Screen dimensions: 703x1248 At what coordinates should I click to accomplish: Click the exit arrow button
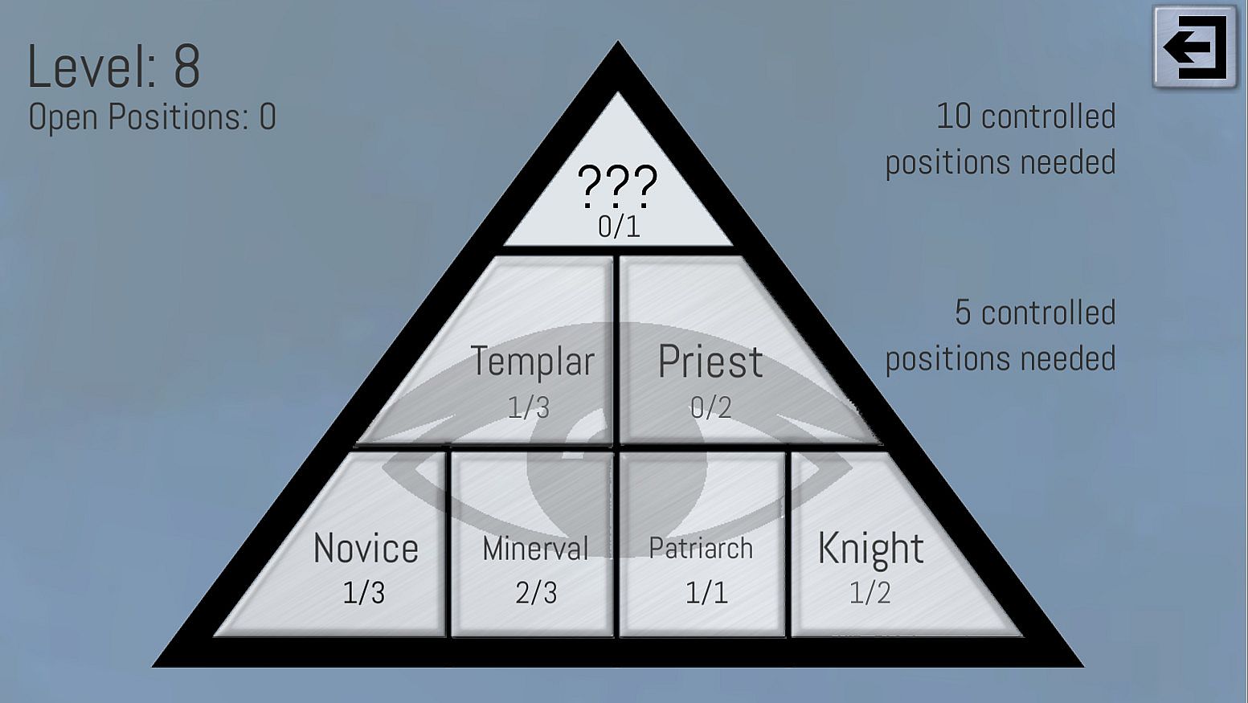(1195, 48)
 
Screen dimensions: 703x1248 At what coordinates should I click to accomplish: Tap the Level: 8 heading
(113, 67)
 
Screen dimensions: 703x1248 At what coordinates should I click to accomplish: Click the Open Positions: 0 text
(152, 117)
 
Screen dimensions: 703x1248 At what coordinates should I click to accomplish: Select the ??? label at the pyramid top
(617, 185)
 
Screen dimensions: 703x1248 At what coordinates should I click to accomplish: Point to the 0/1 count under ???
(619, 227)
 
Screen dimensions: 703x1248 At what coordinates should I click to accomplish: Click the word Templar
(532, 362)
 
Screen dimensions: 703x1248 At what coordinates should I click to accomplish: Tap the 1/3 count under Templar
(529, 408)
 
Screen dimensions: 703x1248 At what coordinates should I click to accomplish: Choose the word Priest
(710, 362)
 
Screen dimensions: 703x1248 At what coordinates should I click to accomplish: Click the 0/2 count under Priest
(711, 408)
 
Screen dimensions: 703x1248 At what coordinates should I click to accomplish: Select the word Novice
(366, 549)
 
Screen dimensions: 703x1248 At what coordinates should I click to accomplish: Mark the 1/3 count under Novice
(364, 593)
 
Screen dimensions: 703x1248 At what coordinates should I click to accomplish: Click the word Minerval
(535, 549)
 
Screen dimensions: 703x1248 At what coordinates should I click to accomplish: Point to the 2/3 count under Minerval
(536, 593)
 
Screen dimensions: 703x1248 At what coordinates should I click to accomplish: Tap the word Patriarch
(701, 549)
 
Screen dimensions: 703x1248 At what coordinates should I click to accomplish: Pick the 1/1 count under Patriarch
(706, 593)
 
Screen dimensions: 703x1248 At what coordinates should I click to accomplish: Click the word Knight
(870, 549)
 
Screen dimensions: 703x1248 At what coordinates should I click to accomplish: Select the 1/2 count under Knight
(870, 593)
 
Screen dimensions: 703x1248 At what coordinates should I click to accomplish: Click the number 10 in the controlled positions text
(954, 117)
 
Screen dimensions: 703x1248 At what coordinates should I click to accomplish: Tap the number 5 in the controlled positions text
(963, 313)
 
